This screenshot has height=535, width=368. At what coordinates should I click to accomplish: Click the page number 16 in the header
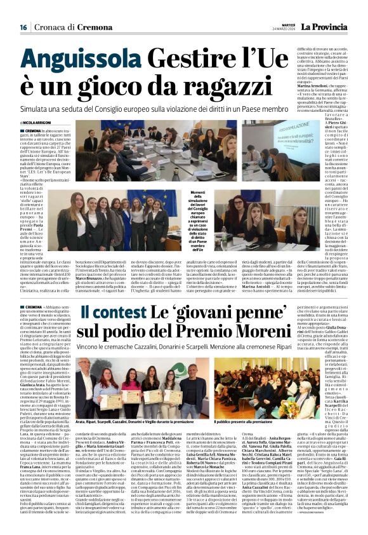[x=23, y=27]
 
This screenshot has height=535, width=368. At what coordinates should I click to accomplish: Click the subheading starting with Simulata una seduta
[x=155, y=109]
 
